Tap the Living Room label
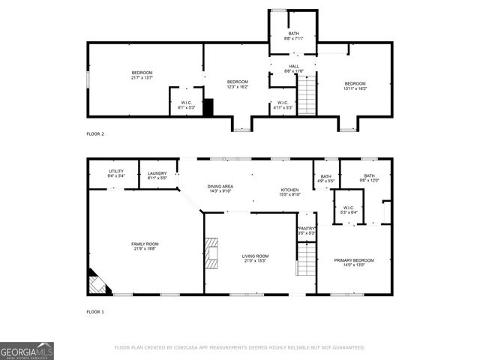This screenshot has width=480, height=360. click(x=255, y=259)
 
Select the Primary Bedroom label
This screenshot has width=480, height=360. click(x=353, y=262)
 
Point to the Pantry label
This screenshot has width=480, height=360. click(x=306, y=231)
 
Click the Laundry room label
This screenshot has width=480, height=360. click(x=157, y=175)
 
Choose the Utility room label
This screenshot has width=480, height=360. click(x=115, y=173)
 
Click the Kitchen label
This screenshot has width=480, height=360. click(x=290, y=192)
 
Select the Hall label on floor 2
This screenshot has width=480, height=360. click(x=293, y=69)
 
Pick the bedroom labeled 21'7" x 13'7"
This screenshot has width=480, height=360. click(x=142, y=75)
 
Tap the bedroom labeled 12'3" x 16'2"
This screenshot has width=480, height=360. click(x=238, y=84)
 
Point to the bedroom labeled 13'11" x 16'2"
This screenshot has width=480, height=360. click(x=355, y=85)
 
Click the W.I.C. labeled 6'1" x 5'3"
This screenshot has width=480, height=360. click(x=186, y=105)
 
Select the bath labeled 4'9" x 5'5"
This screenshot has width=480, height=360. click(x=326, y=178)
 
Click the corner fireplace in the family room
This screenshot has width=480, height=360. click(x=95, y=283)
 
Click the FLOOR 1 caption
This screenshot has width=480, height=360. click(x=95, y=311)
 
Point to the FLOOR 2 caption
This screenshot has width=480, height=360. click(x=95, y=133)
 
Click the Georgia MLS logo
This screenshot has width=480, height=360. click(x=27, y=351)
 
